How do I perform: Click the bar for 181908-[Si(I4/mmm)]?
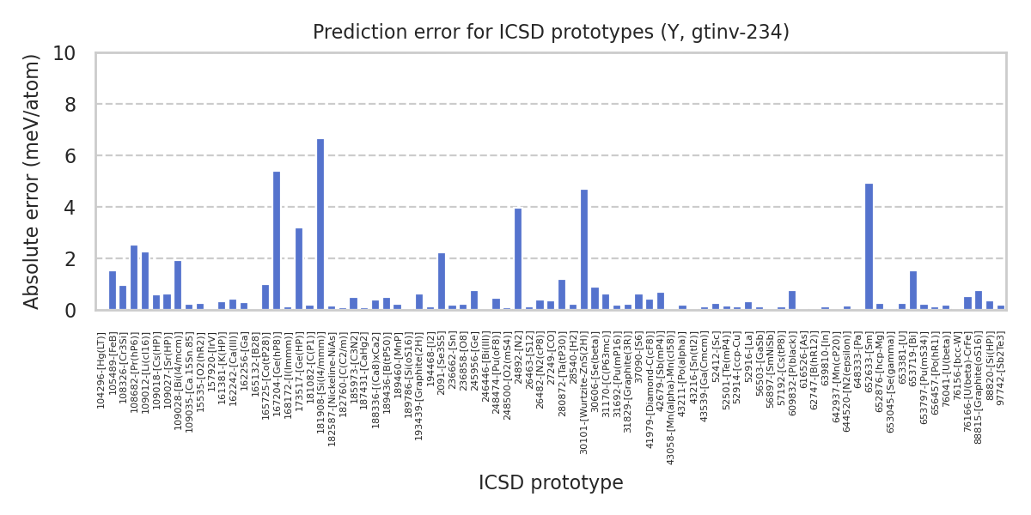(x=320, y=225)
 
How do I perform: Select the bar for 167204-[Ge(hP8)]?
(x=277, y=241)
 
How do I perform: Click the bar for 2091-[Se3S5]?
(x=442, y=282)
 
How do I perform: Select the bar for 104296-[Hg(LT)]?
(x=113, y=291)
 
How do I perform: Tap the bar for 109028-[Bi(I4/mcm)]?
(x=178, y=286)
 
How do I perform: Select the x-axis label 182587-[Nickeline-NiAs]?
(x=332, y=378)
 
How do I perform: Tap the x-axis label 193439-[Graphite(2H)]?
(x=419, y=379)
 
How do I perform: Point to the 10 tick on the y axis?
(x=64, y=53)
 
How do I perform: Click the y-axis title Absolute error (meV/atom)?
(x=33, y=181)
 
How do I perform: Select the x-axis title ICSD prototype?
(x=551, y=483)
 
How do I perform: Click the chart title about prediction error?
(x=551, y=33)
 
